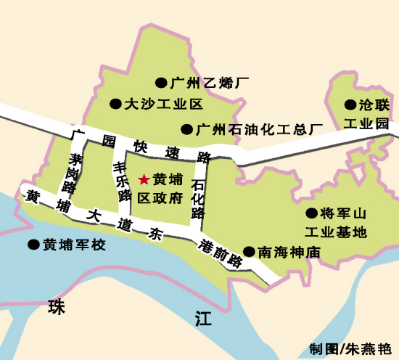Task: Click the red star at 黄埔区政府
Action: coord(144,178)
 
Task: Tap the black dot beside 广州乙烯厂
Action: coord(160,83)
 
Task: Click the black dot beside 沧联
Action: coord(350,105)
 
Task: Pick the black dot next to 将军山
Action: coord(311,213)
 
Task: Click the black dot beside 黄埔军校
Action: coord(33,245)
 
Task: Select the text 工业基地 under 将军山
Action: coord(335,232)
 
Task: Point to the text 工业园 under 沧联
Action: coord(366,123)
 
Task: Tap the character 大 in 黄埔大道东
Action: coord(91,216)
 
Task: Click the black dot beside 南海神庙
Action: coord(250,253)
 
